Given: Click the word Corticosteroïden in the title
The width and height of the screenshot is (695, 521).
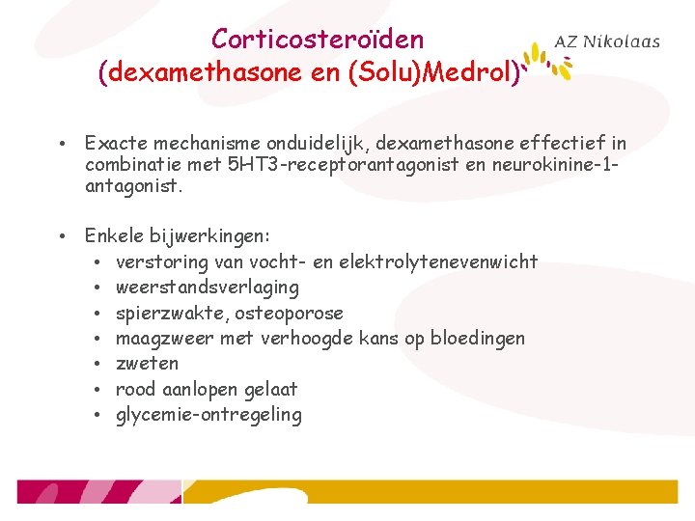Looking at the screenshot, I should pos(317,40).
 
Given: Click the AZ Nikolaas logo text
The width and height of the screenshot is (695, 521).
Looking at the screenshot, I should pos(607,41).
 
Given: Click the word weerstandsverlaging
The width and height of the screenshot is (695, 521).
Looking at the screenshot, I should pos(207,288).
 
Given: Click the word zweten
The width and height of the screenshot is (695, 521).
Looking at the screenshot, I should pos(147,364).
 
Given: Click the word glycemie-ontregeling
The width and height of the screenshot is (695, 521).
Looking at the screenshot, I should pos(208,416).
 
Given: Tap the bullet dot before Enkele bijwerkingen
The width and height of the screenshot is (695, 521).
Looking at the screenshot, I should pos(60,236).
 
